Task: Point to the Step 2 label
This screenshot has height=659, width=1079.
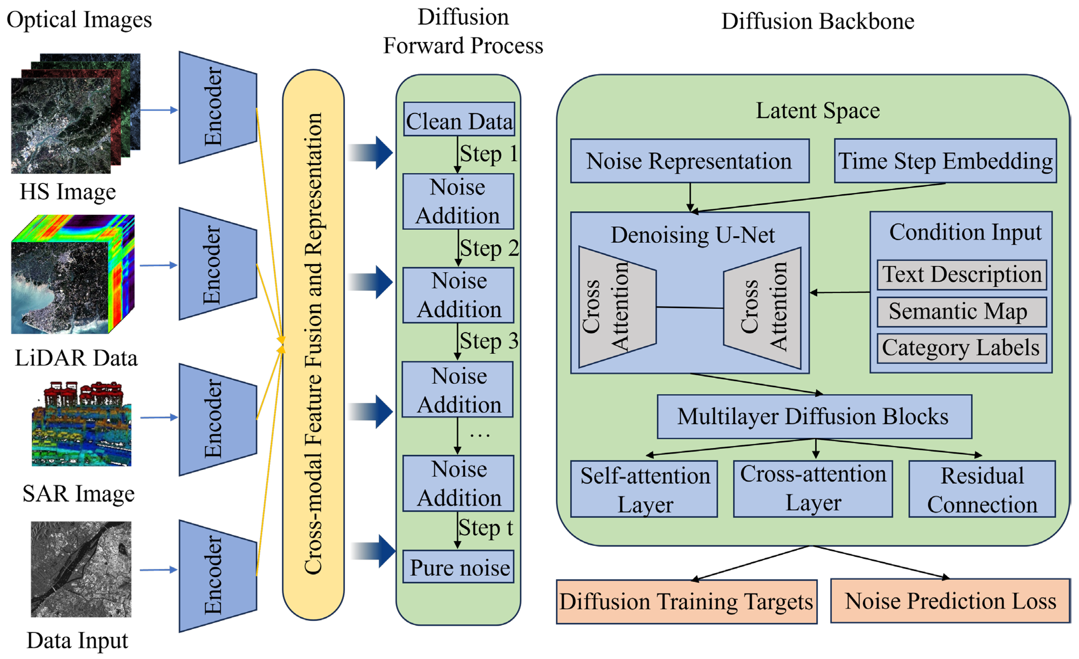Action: click(x=489, y=248)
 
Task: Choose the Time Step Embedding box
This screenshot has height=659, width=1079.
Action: click(x=945, y=161)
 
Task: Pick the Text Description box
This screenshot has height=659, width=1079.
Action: click(x=961, y=274)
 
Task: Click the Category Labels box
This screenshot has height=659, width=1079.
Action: click(x=961, y=348)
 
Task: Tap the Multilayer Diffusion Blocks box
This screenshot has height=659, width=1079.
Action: click(x=814, y=417)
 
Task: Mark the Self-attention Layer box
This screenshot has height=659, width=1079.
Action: click(x=644, y=489)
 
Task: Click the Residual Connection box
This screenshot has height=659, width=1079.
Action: click(x=982, y=489)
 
